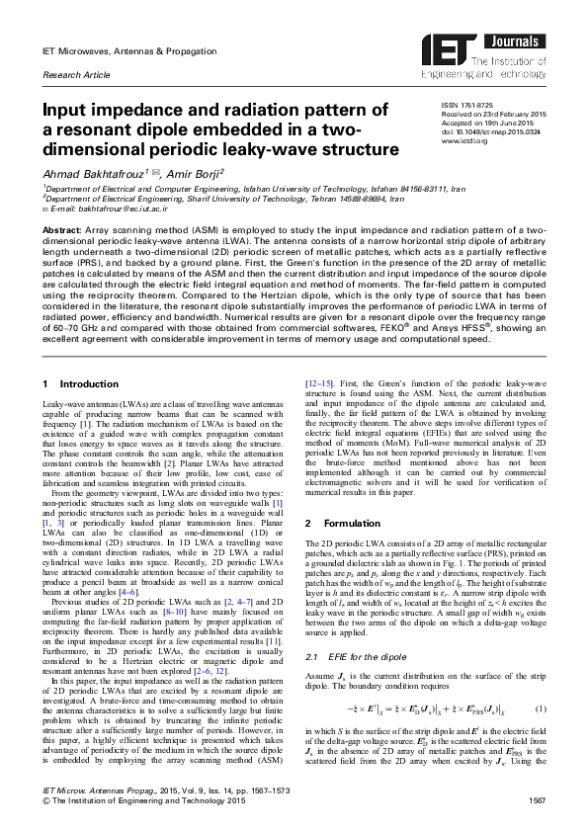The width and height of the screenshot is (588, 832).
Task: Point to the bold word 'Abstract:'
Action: [x=61, y=229]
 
